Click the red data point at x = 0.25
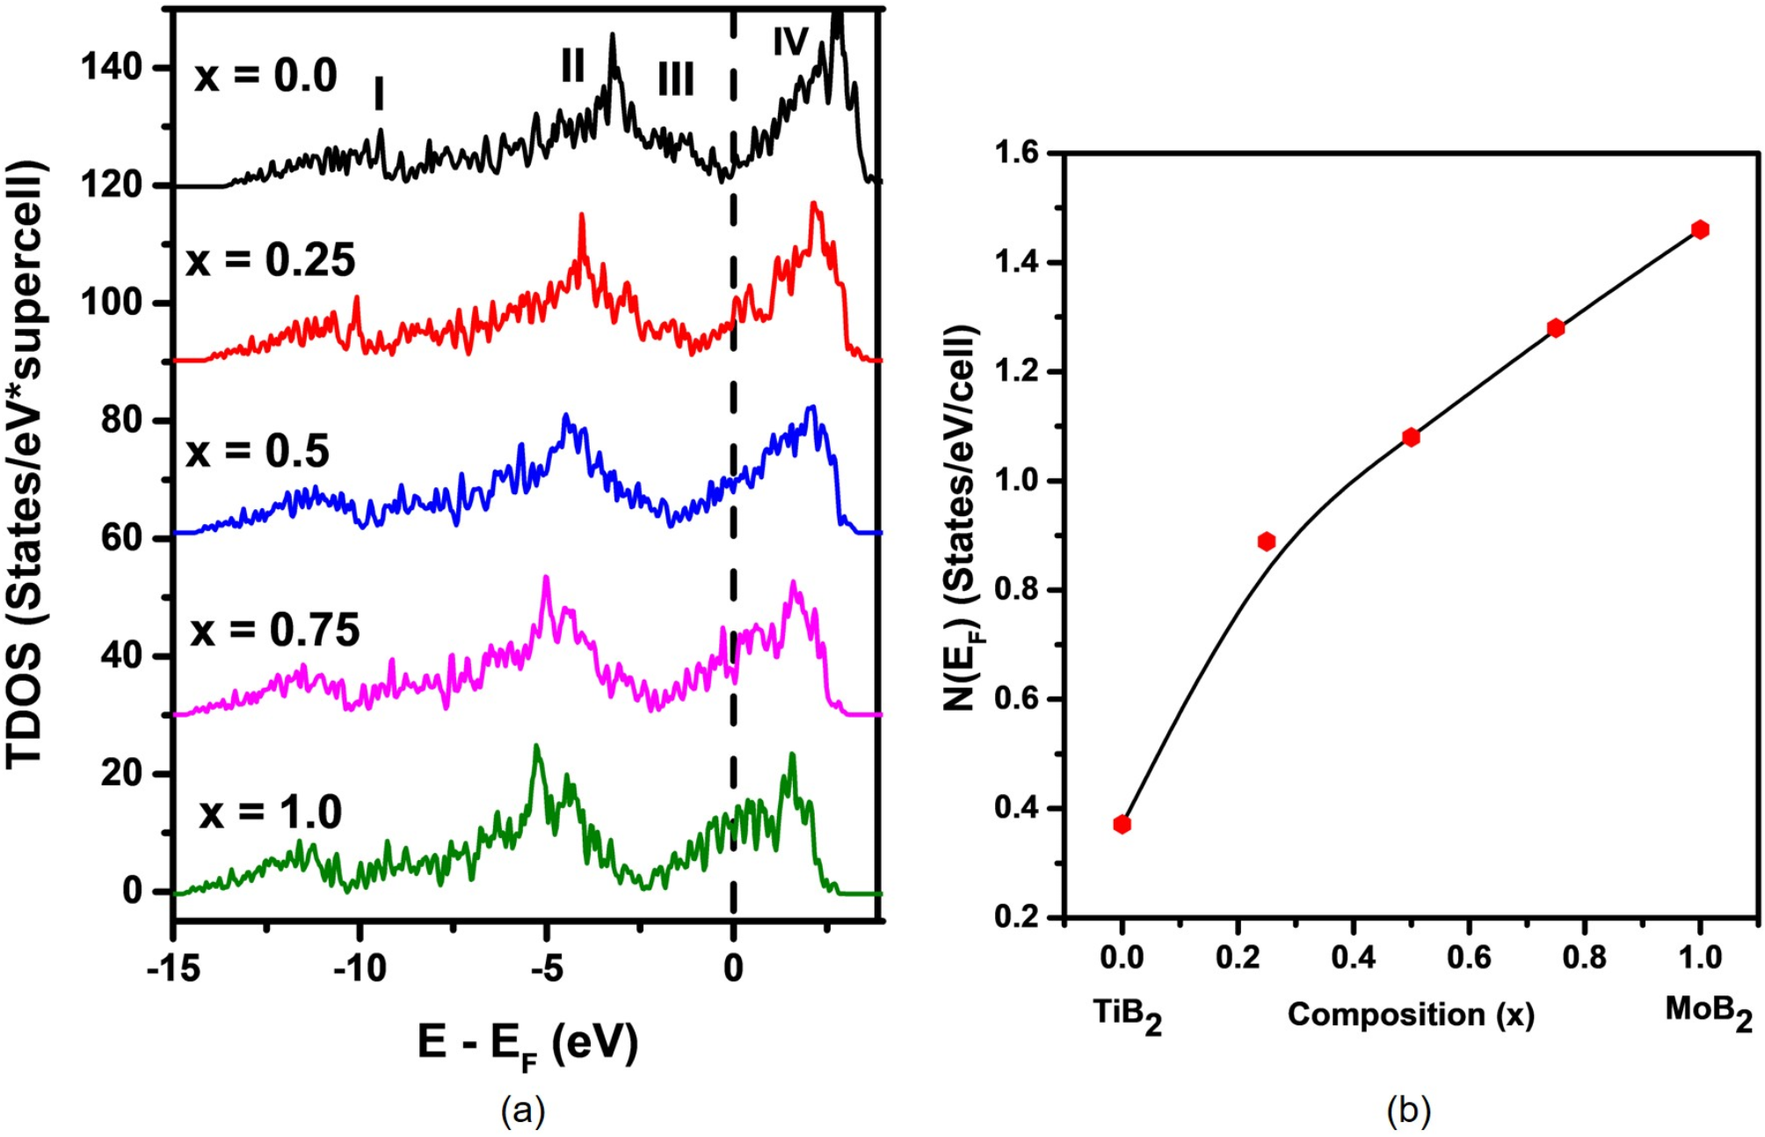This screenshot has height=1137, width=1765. tap(1266, 541)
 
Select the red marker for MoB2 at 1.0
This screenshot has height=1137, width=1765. tap(1700, 230)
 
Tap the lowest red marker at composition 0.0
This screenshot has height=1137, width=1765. tap(1122, 824)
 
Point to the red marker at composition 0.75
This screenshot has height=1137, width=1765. tap(1555, 328)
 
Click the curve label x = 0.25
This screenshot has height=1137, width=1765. tap(271, 260)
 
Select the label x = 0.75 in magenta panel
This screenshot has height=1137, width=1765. tap(275, 630)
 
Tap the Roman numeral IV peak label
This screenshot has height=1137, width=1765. tap(790, 40)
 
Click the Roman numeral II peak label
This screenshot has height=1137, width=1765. tap(572, 64)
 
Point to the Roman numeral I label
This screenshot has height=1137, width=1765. tap(379, 93)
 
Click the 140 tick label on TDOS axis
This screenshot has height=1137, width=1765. tap(113, 67)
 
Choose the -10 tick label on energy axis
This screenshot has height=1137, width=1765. tap(360, 968)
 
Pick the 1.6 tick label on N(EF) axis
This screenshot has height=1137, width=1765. tap(1016, 153)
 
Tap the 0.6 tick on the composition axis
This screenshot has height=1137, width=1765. tap(1469, 957)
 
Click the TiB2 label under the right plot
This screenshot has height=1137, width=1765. tap(1128, 1015)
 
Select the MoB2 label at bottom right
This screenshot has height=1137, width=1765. tap(1709, 1012)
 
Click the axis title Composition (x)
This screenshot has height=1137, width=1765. tap(1411, 1015)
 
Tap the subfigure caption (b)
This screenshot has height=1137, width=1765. tap(1408, 1111)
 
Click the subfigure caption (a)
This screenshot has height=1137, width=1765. tap(523, 1111)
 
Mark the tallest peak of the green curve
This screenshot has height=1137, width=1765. tap(536, 746)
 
